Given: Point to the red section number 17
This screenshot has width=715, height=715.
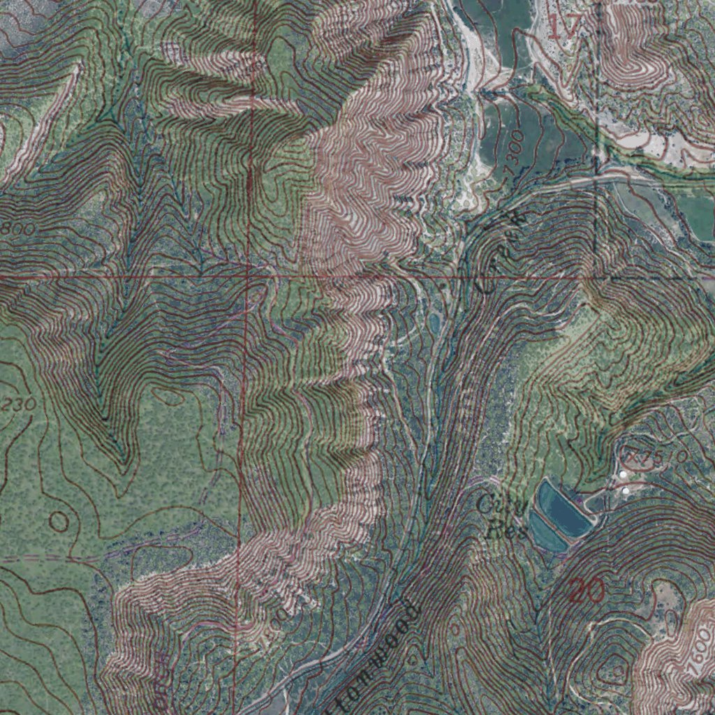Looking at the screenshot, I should [x=563, y=27].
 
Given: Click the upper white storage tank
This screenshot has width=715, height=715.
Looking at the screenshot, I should [x=624, y=476].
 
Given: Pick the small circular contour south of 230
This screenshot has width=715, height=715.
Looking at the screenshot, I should [x=59, y=520].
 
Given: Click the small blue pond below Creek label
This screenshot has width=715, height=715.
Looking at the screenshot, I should [x=435, y=322].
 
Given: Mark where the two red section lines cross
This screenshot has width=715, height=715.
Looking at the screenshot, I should [x=249, y=277].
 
